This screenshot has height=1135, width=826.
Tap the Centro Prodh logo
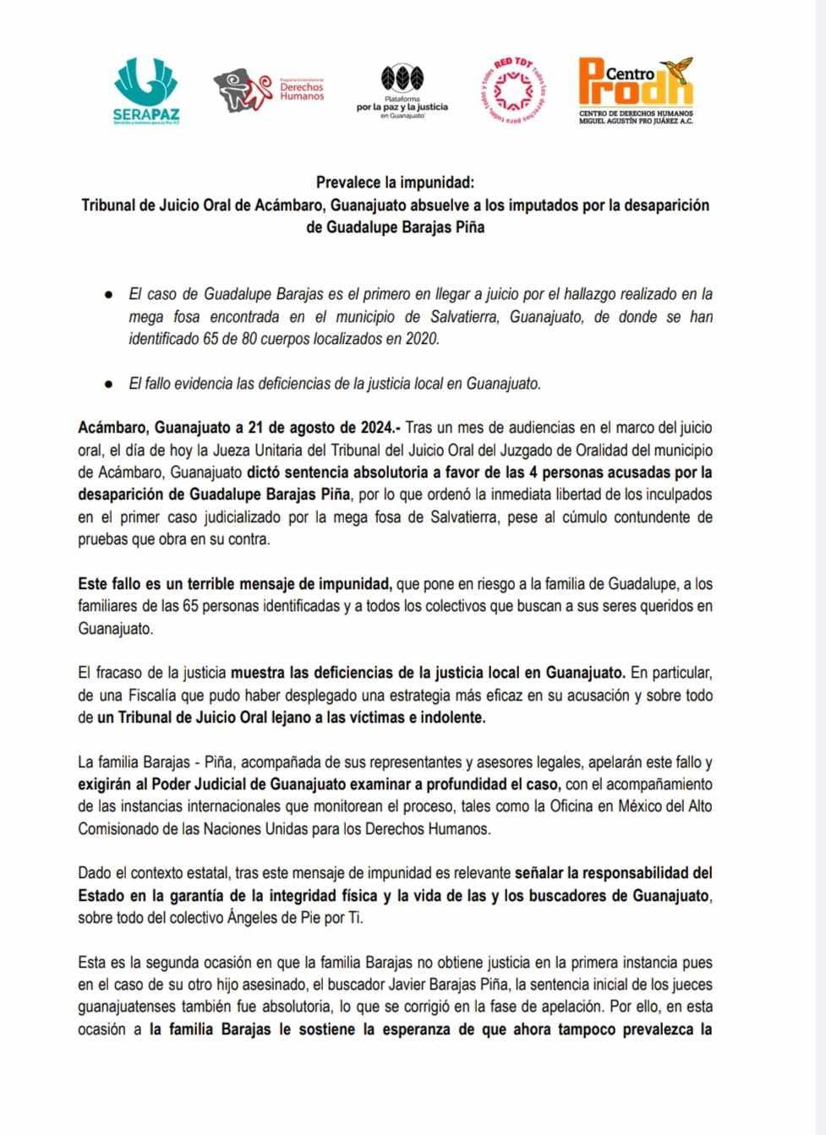[x=636, y=90]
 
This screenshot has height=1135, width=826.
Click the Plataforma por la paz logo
[x=402, y=91]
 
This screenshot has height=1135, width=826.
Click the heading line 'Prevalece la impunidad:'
[x=396, y=183]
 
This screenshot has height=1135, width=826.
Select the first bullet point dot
[x=108, y=295]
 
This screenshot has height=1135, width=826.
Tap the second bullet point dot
[x=108, y=384]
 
